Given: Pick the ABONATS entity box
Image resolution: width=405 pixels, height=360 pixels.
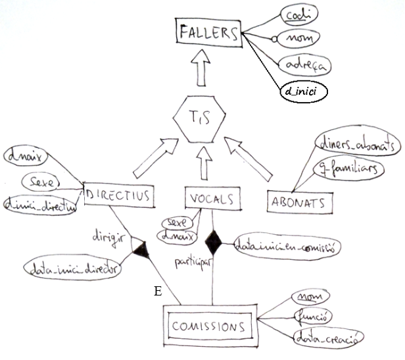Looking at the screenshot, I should click(x=300, y=201).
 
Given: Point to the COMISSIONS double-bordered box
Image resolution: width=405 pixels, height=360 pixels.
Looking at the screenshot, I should click(x=209, y=325).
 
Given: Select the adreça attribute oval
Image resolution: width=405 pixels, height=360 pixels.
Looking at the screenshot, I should click(x=302, y=65).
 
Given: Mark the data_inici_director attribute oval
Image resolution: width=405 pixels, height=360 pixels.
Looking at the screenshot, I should click(x=73, y=269).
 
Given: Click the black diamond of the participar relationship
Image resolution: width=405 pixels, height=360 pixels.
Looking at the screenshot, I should click(x=214, y=243).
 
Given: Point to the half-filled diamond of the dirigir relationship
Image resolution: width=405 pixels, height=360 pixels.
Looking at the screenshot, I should click(x=140, y=247).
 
